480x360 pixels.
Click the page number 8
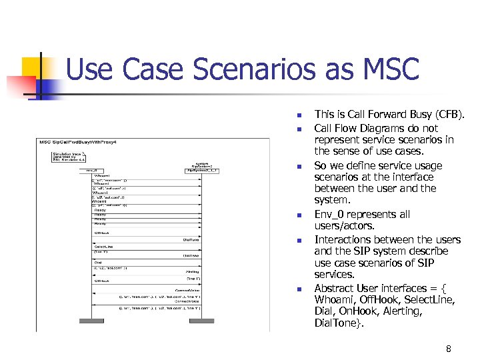pos(448,349)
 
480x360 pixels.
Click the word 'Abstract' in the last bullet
pos(334,289)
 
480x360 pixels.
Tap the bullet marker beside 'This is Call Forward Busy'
pos(299,115)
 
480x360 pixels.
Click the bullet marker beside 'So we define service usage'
pos(299,166)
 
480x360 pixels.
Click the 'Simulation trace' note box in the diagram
pos(67,157)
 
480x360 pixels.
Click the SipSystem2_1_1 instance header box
pos(201,171)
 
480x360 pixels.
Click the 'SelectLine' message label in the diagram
pos(103,246)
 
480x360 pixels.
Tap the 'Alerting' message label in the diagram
pos(192,271)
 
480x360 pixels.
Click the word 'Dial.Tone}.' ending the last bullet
pos(339,323)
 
